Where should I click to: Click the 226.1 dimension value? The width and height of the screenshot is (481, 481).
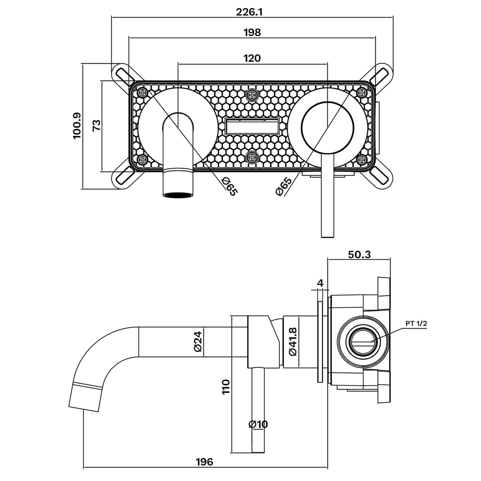249,12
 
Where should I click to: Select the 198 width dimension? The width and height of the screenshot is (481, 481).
252,32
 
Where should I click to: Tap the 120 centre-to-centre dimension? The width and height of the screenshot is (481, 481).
252,58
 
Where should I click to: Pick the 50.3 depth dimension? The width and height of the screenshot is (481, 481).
359,254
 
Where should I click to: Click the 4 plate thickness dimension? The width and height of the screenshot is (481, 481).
320,283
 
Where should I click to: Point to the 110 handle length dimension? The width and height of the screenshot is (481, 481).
226,387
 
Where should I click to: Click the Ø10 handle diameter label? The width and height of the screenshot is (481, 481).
258,424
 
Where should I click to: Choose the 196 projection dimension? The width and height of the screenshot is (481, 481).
204,462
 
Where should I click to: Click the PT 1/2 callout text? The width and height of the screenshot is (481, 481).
416,324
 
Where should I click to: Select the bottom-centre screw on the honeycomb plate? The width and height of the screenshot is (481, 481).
251,157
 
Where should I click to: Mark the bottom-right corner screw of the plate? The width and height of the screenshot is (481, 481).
362,159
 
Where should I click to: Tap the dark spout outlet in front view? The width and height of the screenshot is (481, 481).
178,195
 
